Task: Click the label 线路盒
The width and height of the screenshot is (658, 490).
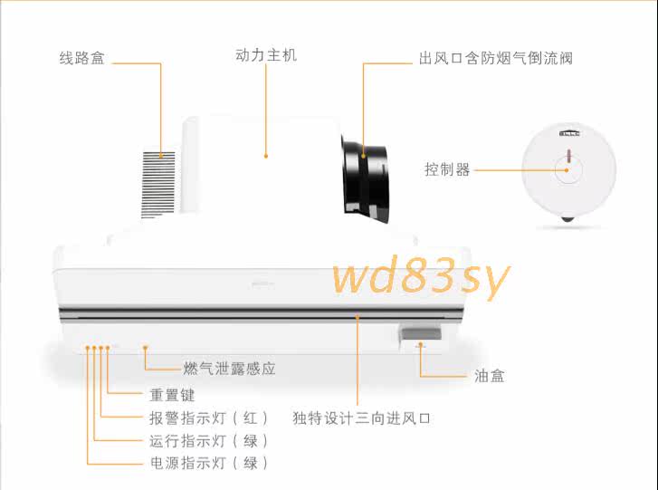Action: point(82,59)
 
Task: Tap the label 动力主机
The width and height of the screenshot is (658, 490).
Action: point(265,55)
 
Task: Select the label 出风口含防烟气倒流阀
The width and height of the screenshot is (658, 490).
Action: point(495,59)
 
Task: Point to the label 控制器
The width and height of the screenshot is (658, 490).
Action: point(447,169)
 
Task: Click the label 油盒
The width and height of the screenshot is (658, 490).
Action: point(490,375)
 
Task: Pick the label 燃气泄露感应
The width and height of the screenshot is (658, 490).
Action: point(229,369)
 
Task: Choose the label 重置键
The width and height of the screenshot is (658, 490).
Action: point(172,395)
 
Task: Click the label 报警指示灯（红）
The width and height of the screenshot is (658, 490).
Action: point(208,418)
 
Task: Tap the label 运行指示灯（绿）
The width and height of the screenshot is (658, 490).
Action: point(208,441)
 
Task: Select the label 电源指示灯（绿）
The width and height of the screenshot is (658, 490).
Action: point(208,463)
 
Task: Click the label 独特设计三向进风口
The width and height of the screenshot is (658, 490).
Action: point(361,418)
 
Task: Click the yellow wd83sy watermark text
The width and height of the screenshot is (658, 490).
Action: point(420,277)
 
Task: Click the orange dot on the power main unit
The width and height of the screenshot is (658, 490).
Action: point(266,157)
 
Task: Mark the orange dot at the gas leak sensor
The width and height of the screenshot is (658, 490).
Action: point(146,347)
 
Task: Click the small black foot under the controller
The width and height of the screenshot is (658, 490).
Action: point(567,218)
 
